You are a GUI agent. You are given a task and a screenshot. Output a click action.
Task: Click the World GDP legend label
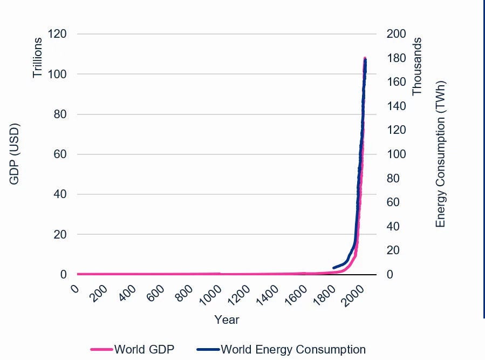point(144,349)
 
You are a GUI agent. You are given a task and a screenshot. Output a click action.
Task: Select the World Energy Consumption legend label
point(293,349)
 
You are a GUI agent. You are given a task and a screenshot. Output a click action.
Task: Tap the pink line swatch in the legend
point(101,349)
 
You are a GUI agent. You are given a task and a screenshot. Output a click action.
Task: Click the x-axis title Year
point(227,320)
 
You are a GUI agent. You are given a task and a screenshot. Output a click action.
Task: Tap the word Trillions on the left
point(37,57)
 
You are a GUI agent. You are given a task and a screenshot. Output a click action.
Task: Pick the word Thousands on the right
point(417,66)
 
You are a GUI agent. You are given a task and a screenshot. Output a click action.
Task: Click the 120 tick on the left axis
point(57,34)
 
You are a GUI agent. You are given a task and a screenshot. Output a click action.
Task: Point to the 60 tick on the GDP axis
point(60,154)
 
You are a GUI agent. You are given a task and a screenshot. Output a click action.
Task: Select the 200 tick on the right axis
point(396,34)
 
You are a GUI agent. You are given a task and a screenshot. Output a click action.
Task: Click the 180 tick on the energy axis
point(396,58)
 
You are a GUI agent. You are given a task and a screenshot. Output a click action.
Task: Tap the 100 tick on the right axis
point(396,154)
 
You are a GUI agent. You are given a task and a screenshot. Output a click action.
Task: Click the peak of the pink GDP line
point(365,58)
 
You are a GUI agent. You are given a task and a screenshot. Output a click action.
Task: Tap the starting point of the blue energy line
point(333,268)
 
